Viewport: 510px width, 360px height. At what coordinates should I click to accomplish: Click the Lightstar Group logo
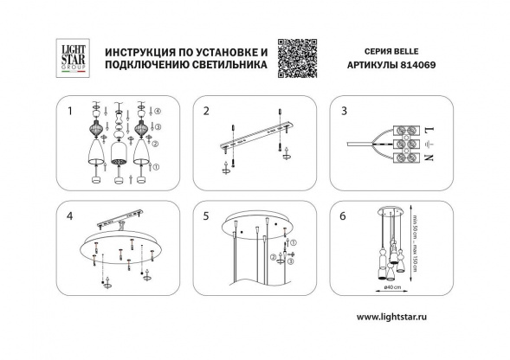(x=70, y=54)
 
